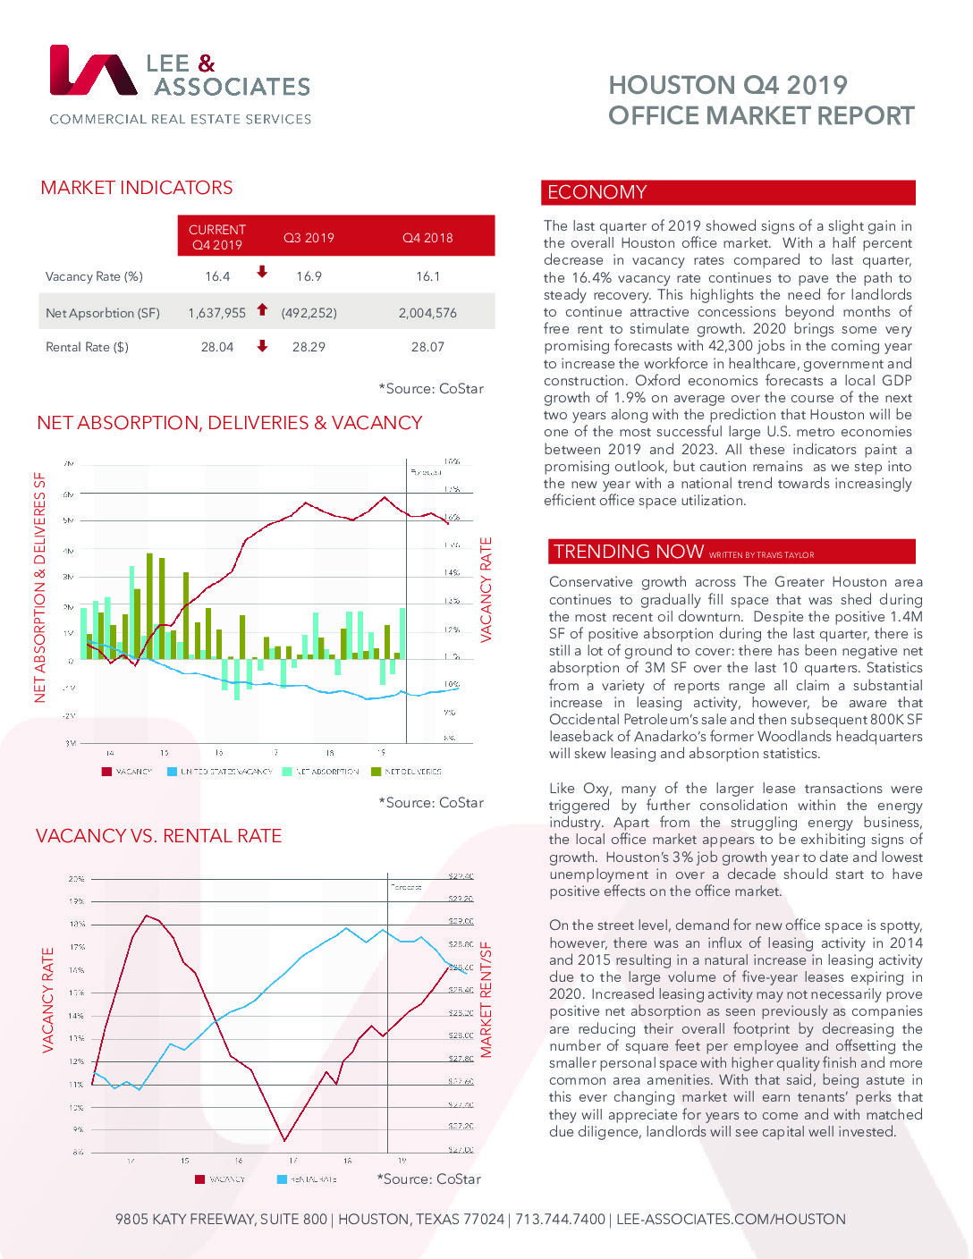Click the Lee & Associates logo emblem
[x=93, y=71]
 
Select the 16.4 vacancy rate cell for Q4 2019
[x=217, y=276]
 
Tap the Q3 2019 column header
[x=309, y=238]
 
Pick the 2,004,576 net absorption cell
[x=427, y=313]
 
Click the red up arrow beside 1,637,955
[x=262, y=310]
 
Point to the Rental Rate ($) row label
[x=87, y=347]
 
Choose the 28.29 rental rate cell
[x=309, y=347]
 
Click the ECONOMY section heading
[x=596, y=192]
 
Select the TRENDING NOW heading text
[x=629, y=552]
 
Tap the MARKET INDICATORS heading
[x=137, y=188]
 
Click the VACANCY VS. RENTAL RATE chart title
[x=158, y=836]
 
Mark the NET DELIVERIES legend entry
[x=412, y=771]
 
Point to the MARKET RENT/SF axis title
[x=486, y=1000]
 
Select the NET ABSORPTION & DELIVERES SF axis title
[x=39, y=587]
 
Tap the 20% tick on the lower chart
[x=77, y=879]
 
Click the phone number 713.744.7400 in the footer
[x=560, y=1220]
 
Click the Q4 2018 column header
[x=427, y=238]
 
